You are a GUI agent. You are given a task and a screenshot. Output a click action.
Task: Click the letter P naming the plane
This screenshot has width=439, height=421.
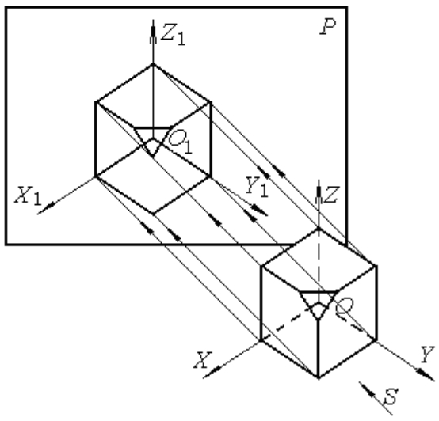328,27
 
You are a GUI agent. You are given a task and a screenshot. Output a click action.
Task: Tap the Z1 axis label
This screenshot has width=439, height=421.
174,35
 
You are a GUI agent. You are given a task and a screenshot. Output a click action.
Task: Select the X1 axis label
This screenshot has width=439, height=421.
28,195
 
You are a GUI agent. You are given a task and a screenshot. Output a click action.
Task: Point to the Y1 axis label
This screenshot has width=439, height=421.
257,186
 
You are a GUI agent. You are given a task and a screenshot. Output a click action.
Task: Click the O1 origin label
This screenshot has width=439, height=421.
181,142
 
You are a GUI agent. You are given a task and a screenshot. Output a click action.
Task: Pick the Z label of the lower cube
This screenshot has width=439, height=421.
332,195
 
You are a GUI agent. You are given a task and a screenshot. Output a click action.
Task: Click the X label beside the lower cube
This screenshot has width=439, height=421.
204,360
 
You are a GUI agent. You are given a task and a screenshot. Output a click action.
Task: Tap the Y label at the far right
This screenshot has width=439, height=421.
427,355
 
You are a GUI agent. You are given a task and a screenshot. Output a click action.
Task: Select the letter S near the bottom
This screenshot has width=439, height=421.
391,396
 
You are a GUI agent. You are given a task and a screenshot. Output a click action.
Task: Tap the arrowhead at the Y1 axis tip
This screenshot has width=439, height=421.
259,210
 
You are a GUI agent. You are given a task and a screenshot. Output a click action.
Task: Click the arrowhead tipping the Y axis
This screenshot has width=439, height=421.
426,374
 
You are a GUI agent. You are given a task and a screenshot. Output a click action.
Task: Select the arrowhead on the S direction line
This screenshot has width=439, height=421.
368,389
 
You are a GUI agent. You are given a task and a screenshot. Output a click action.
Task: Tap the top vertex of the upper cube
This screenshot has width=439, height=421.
153,65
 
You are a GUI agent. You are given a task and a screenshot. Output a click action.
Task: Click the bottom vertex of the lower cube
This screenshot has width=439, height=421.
319,378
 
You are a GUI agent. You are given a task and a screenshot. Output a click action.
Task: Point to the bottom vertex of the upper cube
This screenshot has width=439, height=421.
153,214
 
